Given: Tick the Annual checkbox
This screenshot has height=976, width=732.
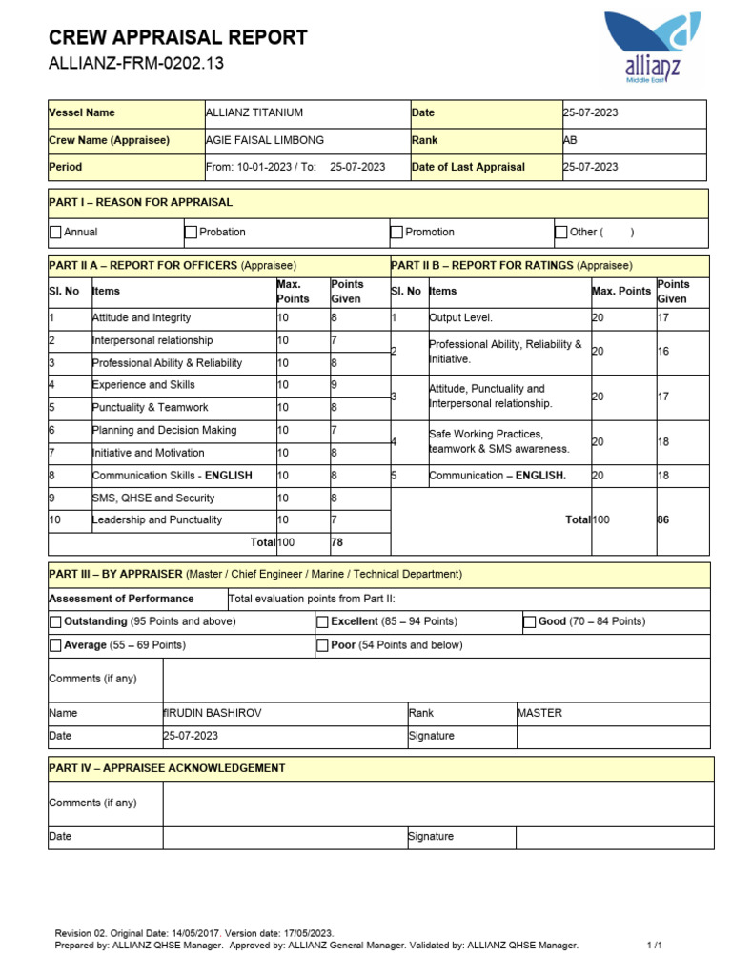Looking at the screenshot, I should (x=55, y=232).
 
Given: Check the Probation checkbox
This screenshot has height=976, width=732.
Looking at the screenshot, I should (x=192, y=232).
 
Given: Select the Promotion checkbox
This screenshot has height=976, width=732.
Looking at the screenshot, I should (x=396, y=232).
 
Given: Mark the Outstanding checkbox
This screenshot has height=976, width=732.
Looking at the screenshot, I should (x=55, y=621).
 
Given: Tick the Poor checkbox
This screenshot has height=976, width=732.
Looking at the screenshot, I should (x=322, y=645).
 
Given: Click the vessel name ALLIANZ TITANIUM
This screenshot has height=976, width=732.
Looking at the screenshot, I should (x=254, y=112).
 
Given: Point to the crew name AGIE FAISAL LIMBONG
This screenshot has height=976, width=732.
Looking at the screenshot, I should (x=264, y=140).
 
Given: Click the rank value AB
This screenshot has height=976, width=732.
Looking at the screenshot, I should (x=571, y=140).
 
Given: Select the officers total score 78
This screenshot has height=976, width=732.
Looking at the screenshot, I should (x=337, y=542).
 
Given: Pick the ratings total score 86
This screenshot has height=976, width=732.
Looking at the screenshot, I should (x=663, y=519).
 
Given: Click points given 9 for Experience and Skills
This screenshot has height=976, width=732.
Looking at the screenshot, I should (x=334, y=385).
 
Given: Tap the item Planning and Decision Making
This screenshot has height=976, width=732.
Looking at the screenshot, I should (x=164, y=430).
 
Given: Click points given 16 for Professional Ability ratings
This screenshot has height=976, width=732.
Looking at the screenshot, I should (x=663, y=352).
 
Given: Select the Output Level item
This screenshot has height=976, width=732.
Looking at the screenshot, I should (x=461, y=317).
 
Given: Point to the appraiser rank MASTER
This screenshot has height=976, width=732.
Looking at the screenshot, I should (x=539, y=713).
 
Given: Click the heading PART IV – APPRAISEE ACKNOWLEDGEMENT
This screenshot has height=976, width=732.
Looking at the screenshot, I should (x=167, y=767).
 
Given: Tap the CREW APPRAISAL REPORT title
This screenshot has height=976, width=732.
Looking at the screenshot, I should (x=177, y=38).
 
